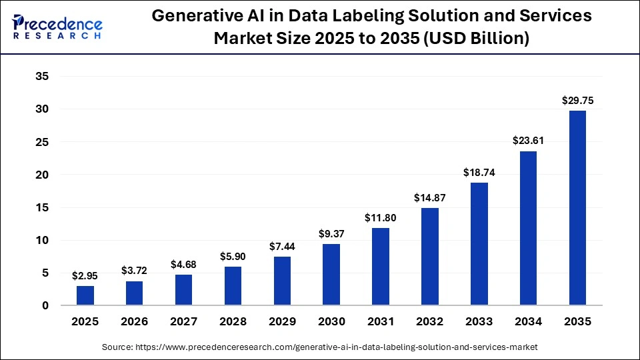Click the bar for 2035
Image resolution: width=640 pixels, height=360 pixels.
coord(577,208)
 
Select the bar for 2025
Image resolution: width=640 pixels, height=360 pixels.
coord(85,295)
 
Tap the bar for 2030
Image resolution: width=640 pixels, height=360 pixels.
coord(331,275)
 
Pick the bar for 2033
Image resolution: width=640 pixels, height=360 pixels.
coord(479,244)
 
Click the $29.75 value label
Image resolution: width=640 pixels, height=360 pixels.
coord(577,101)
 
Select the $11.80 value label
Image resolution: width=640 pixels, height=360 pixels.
coord(381,218)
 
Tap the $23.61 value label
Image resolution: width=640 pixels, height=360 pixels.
coord(528,141)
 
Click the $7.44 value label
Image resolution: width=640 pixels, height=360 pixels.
coord(282,247)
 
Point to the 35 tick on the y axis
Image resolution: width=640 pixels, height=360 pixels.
coord(42,77)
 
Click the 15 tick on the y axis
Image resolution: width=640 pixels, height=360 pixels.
coord(42,207)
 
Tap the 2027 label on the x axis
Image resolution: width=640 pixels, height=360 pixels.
coord(183,321)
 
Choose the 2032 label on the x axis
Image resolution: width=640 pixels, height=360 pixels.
coord(430,321)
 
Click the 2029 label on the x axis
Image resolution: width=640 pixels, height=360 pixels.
coord(282,321)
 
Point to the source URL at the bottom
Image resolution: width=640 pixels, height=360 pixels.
coord(319,347)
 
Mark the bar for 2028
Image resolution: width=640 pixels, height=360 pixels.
coord(233,286)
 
